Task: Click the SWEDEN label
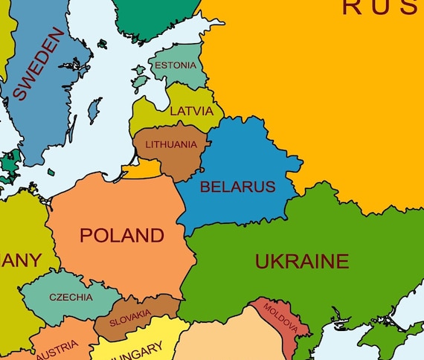coord(36,65)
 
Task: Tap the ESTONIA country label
coord(175,65)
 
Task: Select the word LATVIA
coord(191,112)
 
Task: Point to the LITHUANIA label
coord(171,144)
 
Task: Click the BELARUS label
coord(237,187)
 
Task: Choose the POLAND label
coord(121,236)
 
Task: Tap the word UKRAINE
coord(301,261)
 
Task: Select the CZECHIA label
coord(71,298)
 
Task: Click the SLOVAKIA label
coord(130,318)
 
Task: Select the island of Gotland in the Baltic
coord(94,110)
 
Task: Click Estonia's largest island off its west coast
coord(139,74)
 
